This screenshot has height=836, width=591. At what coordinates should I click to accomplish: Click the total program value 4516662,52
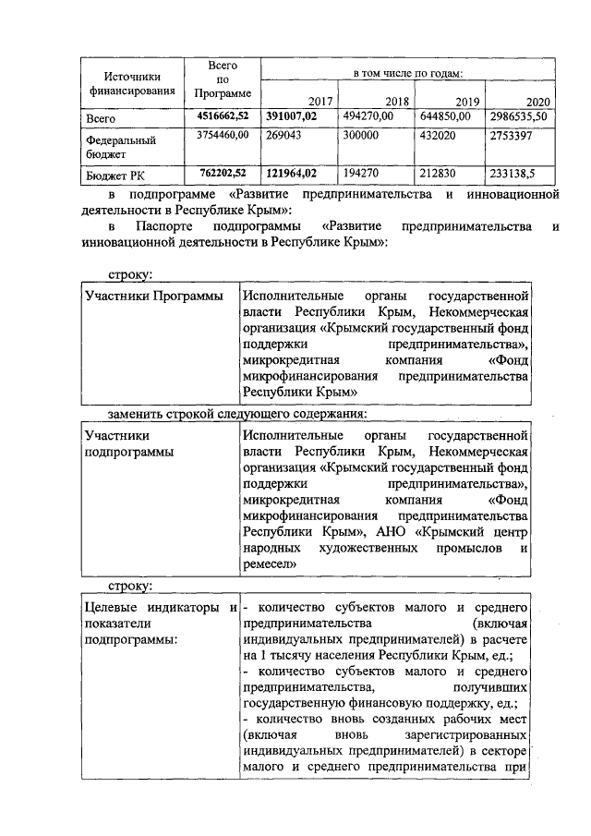point(223,116)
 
